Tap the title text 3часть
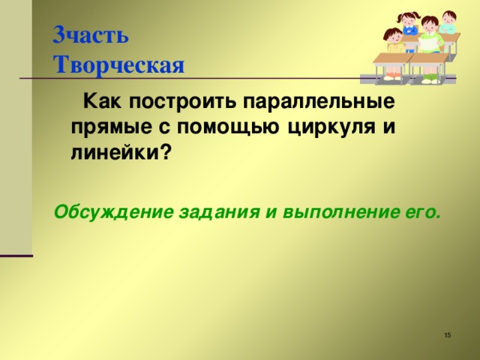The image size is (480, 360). tap(91, 35)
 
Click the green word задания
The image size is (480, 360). tap(217, 211)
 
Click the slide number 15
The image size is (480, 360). tap(447, 334)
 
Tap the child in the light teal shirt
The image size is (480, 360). tap(448, 22)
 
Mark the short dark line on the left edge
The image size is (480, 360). tap(16, 256)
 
